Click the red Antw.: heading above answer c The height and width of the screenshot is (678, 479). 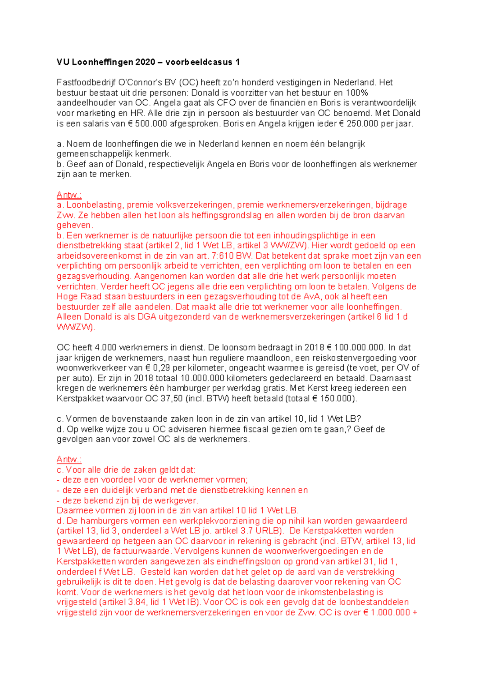(69, 459)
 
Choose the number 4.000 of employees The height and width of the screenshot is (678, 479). (106, 348)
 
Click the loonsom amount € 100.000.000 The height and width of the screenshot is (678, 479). (355, 348)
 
